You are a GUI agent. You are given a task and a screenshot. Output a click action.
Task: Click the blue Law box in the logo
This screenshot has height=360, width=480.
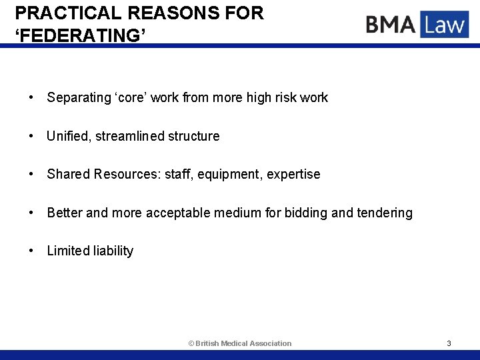point(445,25)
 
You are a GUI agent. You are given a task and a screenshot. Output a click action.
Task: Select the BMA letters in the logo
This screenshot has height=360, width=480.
point(391,25)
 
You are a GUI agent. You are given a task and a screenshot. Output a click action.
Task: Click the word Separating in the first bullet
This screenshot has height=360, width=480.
point(79,98)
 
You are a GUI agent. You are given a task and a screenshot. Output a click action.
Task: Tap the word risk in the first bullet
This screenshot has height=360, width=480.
point(283,98)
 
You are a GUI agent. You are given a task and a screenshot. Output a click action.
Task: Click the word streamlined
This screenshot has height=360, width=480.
point(129,136)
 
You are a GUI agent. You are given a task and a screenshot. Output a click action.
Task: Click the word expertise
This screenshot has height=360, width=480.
point(293,175)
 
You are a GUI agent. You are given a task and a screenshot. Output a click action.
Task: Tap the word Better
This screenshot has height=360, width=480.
point(65,213)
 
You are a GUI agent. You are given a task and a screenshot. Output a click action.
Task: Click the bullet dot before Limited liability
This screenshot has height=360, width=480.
point(31,251)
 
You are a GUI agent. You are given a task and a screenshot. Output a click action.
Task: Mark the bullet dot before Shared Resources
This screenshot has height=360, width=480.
point(31,175)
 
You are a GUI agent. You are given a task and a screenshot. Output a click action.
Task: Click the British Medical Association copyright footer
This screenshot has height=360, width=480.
point(240,343)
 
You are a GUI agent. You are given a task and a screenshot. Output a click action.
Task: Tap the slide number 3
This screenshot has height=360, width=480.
point(449,343)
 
